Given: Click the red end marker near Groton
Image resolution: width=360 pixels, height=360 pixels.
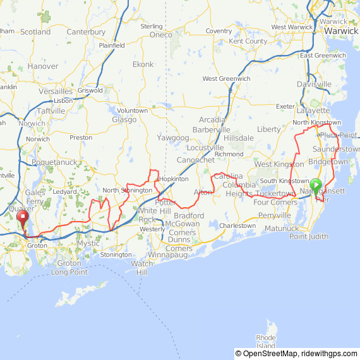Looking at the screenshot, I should tap(23, 220).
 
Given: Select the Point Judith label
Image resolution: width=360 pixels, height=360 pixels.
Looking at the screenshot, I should tap(309, 236).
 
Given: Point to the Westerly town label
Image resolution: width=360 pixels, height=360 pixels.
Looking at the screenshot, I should tap(152, 229).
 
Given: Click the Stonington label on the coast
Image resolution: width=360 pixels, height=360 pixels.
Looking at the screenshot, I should tap(116, 255).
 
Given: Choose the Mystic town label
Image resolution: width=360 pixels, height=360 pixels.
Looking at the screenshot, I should tap(88, 243).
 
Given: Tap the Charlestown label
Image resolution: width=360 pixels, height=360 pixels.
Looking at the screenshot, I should tap(237, 225).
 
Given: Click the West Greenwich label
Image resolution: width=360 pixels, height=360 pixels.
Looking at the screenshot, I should tap(226, 78).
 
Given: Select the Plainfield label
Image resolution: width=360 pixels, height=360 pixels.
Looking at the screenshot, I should tap(112, 45).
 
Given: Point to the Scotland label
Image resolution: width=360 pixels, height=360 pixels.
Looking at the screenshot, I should tap(35, 32).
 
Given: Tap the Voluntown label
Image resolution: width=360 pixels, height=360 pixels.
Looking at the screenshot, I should tap(133, 111).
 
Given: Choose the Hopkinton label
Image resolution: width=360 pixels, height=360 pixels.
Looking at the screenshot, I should tap(173, 179).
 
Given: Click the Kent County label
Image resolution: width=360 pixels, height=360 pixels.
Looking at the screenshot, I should tap(248, 41).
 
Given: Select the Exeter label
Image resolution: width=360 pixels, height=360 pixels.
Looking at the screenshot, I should tap(285, 106).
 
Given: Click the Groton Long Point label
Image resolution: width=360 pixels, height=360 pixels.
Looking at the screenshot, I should tap(69, 268).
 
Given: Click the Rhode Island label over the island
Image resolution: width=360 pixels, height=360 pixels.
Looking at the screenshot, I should tap(266, 342).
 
